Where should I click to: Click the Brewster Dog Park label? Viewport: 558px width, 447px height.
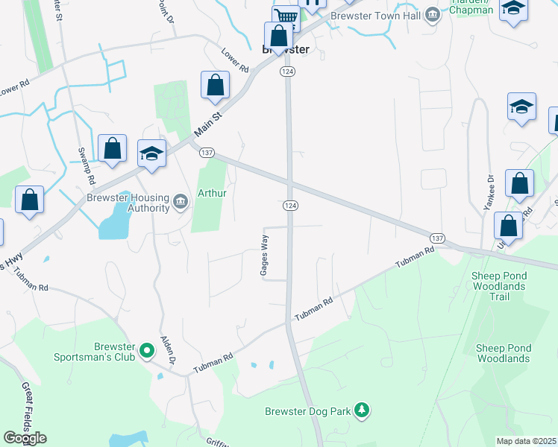coord(307,411)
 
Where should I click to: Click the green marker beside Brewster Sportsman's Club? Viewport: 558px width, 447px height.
coord(147,349)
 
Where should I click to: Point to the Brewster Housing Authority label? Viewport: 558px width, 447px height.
coord(128,203)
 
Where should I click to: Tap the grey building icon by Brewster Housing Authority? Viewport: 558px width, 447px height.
coord(181,201)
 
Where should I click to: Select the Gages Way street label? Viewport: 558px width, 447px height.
coord(263,255)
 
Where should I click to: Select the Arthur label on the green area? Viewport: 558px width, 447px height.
coord(211,193)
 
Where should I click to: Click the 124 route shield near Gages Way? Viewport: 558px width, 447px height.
coord(291,205)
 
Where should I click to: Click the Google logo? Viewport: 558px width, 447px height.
coord(25,437)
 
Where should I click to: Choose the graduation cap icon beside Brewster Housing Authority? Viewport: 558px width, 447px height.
coord(152,154)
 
